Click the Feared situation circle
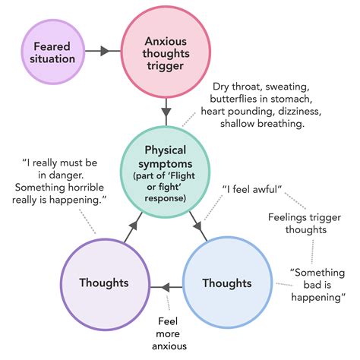point(52,51)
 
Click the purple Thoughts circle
point(103,283)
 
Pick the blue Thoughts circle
point(226,283)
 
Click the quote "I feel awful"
point(252,188)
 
